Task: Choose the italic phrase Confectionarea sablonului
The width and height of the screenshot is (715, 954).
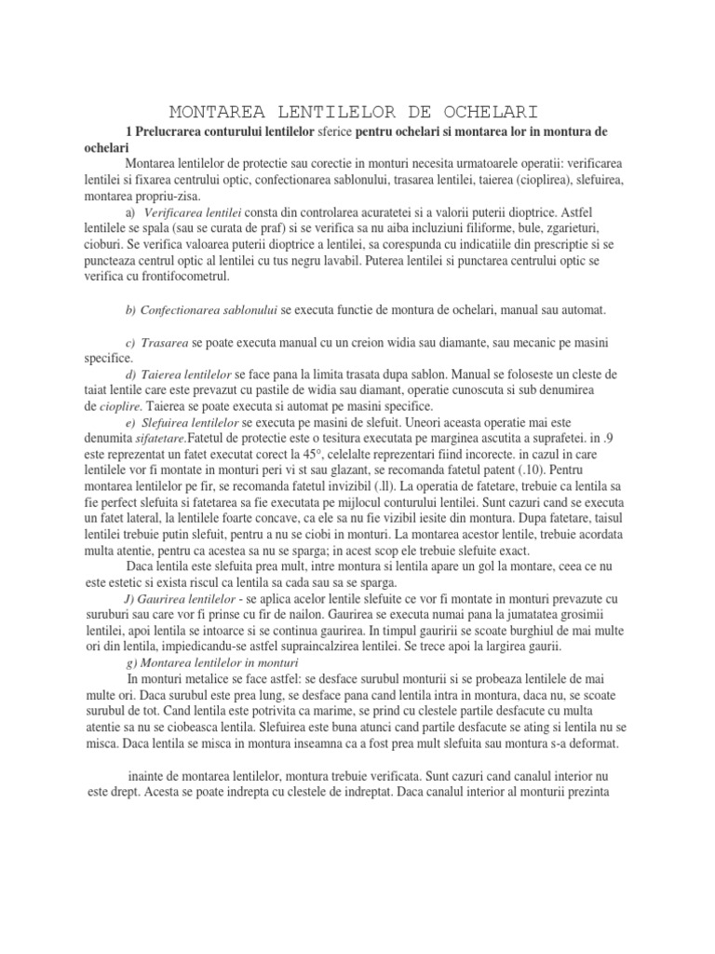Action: point(208,309)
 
